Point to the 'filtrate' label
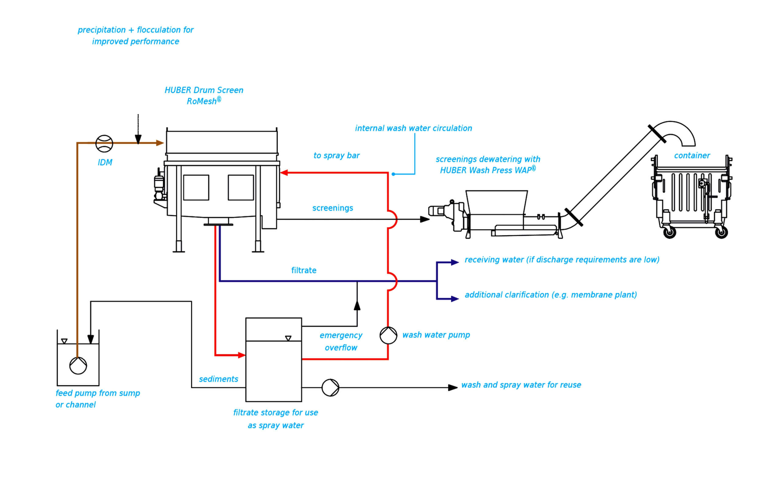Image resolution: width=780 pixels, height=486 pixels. point(304,270)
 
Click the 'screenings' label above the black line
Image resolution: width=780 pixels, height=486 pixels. point(333,208)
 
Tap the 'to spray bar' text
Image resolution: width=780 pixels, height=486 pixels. point(337,155)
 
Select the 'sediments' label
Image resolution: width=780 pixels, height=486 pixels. point(219,379)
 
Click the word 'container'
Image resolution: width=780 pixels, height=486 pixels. point(692,155)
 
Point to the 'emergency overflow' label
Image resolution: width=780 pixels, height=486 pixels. point(341,341)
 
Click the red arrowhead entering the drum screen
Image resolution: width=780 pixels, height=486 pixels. point(284,173)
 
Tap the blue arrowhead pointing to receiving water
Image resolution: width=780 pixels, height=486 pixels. point(455,263)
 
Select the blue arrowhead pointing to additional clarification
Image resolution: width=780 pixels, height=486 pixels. point(455,299)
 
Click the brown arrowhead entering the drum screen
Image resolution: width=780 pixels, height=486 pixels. point(160,143)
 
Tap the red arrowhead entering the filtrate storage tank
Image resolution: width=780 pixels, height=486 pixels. point(242,355)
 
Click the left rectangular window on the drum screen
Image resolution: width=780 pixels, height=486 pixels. point(196,188)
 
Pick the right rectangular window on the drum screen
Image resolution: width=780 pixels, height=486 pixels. point(241,188)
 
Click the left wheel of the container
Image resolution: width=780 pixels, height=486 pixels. point(669,232)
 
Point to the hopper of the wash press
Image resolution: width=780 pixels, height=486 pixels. point(496,202)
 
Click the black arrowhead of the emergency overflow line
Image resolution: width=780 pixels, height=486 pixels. point(357,306)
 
